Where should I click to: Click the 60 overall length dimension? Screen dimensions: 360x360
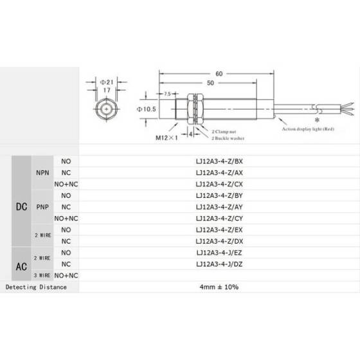[x=219, y=74]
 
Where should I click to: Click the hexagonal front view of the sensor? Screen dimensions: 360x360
[x=106, y=110]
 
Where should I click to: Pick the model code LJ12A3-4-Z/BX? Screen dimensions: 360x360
[x=218, y=161]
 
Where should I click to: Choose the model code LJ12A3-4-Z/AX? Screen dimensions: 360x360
[x=218, y=173]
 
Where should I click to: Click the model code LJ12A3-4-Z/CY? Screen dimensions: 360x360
[x=218, y=219]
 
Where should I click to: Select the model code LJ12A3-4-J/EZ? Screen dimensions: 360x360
[x=218, y=253]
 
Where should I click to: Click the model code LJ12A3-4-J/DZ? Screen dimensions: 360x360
[x=218, y=264]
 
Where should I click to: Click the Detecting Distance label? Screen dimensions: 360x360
[x=36, y=287]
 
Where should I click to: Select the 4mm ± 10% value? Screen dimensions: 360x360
[x=218, y=287]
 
